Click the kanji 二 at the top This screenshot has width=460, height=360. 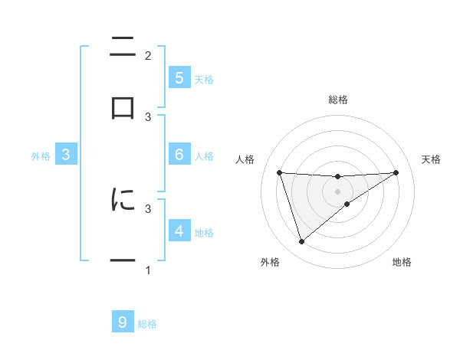coord(123,47)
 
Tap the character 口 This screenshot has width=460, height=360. coord(123,107)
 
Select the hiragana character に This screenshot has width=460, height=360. coord(123,200)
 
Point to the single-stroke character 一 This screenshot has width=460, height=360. coord(123,261)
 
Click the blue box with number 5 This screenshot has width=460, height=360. coord(179,77)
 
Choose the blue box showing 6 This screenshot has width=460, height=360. coord(179,155)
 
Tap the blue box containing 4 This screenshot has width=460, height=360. coord(179,231)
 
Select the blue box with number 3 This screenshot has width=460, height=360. coord(66,155)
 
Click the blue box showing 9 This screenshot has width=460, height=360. coord(123,322)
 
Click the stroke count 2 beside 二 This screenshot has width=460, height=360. coord(148,56)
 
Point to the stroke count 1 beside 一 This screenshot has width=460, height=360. coord(148,270)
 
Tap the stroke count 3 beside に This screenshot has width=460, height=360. coord(148,208)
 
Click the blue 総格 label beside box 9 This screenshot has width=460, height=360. coord(147,324)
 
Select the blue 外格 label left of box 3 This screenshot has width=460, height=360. coord(41,156)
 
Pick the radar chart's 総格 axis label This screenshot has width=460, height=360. coord(338,100)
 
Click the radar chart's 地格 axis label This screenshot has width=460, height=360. coord(402,262)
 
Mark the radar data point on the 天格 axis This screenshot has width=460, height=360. coord(396,172)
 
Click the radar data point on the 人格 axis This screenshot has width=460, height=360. coord(280,172)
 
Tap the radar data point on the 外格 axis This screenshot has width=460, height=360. coord(301,242)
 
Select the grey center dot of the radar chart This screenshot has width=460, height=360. coord(338,191)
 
